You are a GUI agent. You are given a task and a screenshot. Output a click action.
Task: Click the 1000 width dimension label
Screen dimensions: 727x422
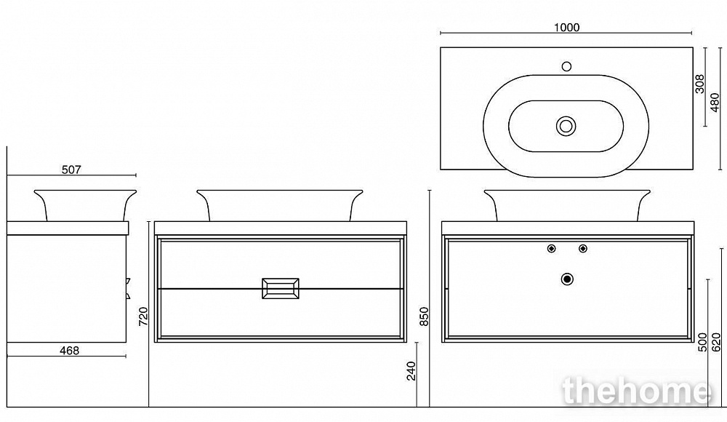(x=566, y=28)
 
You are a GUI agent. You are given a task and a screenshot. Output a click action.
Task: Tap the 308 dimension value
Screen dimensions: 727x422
(x=700, y=84)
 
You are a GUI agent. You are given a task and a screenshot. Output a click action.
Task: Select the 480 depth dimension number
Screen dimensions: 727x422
(x=715, y=103)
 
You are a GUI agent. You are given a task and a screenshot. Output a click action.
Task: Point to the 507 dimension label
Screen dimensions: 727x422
(x=71, y=170)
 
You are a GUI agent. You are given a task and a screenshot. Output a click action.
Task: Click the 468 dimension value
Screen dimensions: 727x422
(x=70, y=351)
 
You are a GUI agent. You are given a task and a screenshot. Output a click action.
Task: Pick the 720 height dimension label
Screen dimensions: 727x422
(x=143, y=316)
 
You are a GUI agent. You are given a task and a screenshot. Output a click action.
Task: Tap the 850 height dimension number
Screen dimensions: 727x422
(x=425, y=316)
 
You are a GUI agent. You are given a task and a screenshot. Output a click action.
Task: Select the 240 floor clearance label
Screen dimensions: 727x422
(x=411, y=371)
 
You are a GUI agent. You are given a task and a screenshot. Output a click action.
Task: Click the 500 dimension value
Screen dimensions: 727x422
(x=703, y=342)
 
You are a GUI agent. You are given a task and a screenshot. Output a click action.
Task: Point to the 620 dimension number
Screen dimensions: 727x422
(x=716, y=342)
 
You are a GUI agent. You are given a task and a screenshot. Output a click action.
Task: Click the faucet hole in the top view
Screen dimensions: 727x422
(x=566, y=66)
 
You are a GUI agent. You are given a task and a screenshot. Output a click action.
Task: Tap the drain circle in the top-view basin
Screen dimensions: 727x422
(x=566, y=126)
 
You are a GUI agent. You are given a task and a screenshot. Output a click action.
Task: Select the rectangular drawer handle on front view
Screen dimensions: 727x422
(x=281, y=288)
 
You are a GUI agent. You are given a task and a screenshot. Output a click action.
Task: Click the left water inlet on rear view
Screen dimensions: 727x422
(x=551, y=248)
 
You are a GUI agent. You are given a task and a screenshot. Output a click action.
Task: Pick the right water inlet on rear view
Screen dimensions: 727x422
(x=583, y=248)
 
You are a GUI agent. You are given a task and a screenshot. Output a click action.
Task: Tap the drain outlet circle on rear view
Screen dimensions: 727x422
(x=567, y=279)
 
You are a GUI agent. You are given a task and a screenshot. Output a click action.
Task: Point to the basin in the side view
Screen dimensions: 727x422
(x=85, y=205)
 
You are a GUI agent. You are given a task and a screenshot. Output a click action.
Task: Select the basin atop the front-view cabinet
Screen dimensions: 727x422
(x=280, y=205)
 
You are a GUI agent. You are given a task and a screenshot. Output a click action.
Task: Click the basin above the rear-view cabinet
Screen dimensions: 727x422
(x=567, y=205)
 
